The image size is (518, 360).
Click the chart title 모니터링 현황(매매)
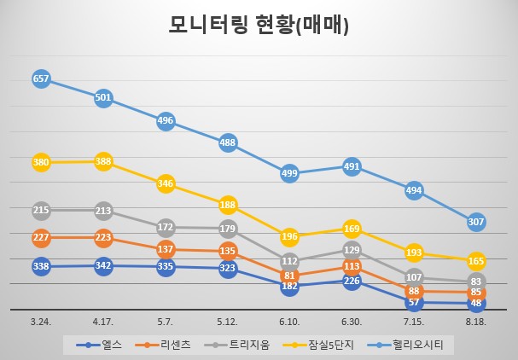[259, 26]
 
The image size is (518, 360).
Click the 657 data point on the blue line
[41, 78]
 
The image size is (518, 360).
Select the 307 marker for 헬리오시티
[476, 222]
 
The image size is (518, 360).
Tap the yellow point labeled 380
[41, 162]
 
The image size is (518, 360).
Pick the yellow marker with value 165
[476, 262]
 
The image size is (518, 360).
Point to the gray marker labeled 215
[41, 210]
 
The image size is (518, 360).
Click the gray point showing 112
[290, 261]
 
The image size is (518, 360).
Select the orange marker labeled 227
[41, 237]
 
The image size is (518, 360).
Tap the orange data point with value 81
[290, 276]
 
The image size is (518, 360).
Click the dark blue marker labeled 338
[41, 267]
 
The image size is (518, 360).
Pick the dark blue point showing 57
[414, 302]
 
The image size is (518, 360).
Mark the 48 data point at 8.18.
[476, 303]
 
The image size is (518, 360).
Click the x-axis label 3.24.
[41, 322]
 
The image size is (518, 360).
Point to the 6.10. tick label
[290, 322]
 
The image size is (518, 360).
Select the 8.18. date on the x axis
[476, 322]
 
